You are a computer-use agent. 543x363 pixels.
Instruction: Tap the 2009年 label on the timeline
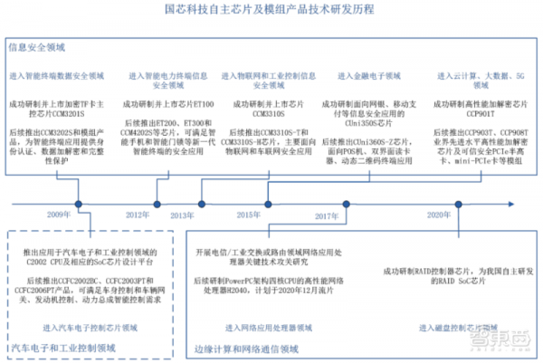[61, 215]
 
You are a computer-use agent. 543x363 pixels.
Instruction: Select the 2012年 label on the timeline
[138, 215]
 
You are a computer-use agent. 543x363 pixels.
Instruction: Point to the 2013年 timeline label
[182, 215]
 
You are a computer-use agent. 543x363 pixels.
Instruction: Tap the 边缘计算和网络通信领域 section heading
[245, 348]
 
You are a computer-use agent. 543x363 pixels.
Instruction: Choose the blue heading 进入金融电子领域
[368, 76]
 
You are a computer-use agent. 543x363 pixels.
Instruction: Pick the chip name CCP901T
[460, 116]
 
